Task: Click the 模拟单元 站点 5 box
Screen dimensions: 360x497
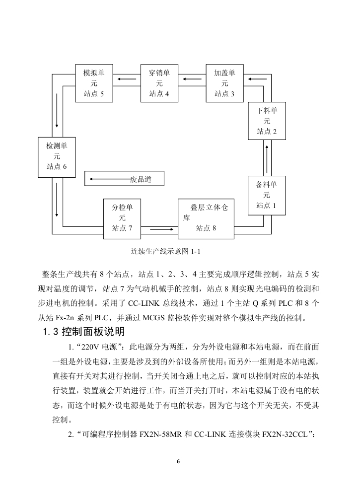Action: (x=94, y=83)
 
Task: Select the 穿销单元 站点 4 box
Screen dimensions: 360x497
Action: (x=159, y=83)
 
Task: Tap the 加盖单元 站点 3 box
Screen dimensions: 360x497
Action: (x=224, y=83)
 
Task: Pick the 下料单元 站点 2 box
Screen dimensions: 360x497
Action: (x=267, y=121)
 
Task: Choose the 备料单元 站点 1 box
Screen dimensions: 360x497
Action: (x=267, y=196)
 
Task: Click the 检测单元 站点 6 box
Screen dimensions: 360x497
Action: (x=57, y=157)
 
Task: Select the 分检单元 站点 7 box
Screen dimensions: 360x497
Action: (x=122, y=218)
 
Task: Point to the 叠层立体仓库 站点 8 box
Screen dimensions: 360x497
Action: (x=206, y=218)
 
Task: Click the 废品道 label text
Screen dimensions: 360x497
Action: (x=141, y=179)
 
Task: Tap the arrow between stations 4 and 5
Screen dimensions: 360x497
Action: (x=127, y=79)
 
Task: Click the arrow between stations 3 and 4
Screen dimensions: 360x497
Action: (x=192, y=79)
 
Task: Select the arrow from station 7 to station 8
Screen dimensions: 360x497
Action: (x=161, y=229)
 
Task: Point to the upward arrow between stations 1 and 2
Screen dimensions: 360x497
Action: (x=267, y=159)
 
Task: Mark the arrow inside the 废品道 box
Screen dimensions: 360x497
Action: (x=110, y=179)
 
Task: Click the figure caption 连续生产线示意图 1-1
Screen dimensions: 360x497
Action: (x=166, y=251)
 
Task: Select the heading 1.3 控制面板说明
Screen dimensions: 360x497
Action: (x=84, y=332)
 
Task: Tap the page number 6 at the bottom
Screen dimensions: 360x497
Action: (x=178, y=462)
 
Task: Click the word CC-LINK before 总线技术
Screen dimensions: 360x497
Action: (x=144, y=303)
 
